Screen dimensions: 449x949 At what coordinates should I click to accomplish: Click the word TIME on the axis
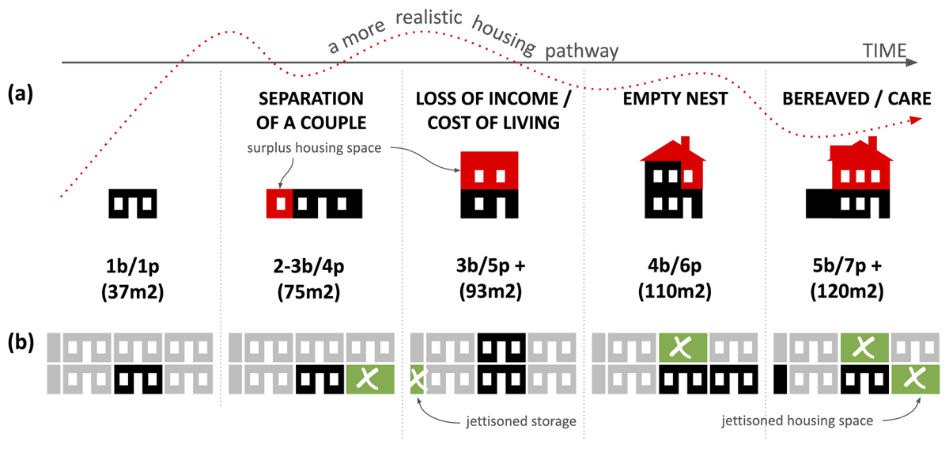(x=884, y=52)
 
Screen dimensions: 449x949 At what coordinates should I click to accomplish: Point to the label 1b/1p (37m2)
(x=132, y=279)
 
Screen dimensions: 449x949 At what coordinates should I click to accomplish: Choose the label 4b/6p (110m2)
(x=674, y=279)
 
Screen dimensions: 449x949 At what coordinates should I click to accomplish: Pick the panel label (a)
(x=21, y=96)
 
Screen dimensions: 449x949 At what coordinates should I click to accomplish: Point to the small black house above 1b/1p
(x=132, y=204)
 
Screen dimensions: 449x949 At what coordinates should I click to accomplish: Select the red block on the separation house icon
(x=279, y=204)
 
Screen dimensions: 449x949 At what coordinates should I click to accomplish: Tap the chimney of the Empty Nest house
(x=685, y=145)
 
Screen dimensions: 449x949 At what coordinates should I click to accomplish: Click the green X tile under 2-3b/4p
(x=364, y=380)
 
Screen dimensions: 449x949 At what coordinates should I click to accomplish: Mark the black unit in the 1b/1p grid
(x=138, y=380)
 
